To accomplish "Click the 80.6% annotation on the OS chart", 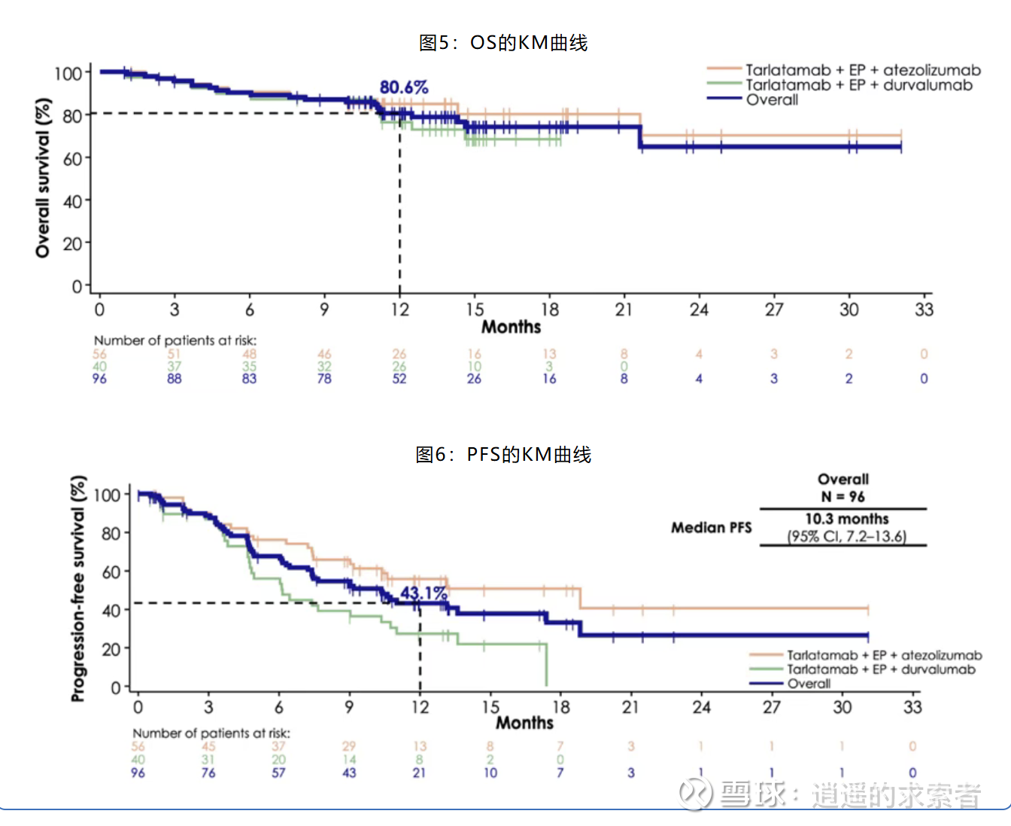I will coord(404,87).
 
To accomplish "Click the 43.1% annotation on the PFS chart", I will coord(424,593).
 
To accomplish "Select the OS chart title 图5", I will coord(503,43).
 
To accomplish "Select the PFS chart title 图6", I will coord(503,455).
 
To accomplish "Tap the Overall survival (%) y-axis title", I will coord(43,178).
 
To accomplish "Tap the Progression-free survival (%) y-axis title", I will coord(77,588).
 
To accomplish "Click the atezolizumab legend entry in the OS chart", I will coord(863,70).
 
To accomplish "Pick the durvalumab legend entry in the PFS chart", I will coord(881,669).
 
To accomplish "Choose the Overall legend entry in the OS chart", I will coord(772,99).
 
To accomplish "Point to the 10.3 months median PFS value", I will coord(846,519).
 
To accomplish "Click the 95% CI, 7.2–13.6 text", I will coord(846,536).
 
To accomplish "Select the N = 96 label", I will coord(842,496).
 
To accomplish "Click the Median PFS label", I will coord(711,528).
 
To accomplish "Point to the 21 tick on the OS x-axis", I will coord(624,309).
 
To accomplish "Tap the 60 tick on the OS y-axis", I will coord(72,159).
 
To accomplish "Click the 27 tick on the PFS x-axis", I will coord(772,707).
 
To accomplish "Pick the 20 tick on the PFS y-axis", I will coord(111,648).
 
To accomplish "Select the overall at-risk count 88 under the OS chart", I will coord(175,379).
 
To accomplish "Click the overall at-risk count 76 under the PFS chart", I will coord(208,773).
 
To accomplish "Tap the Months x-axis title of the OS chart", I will coord(511,327).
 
